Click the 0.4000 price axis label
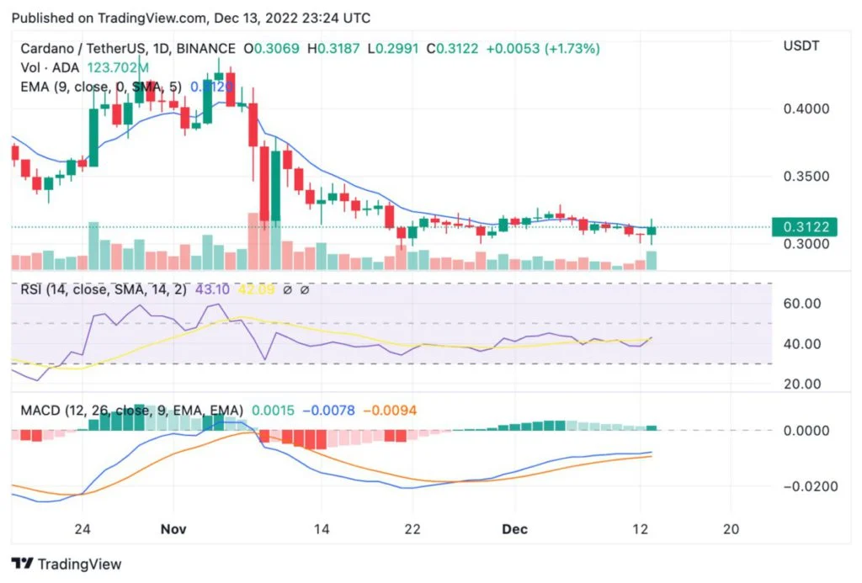coord(806,109)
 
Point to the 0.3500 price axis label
coord(806,178)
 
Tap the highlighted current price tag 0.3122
coord(806,226)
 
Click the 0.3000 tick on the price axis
coord(806,245)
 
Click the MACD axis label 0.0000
coord(806,431)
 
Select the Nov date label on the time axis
coord(173,529)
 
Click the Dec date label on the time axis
coord(515,529)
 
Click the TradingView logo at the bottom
coord(67,564)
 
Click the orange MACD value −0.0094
coord(389,410)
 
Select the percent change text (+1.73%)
coord(572,49)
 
